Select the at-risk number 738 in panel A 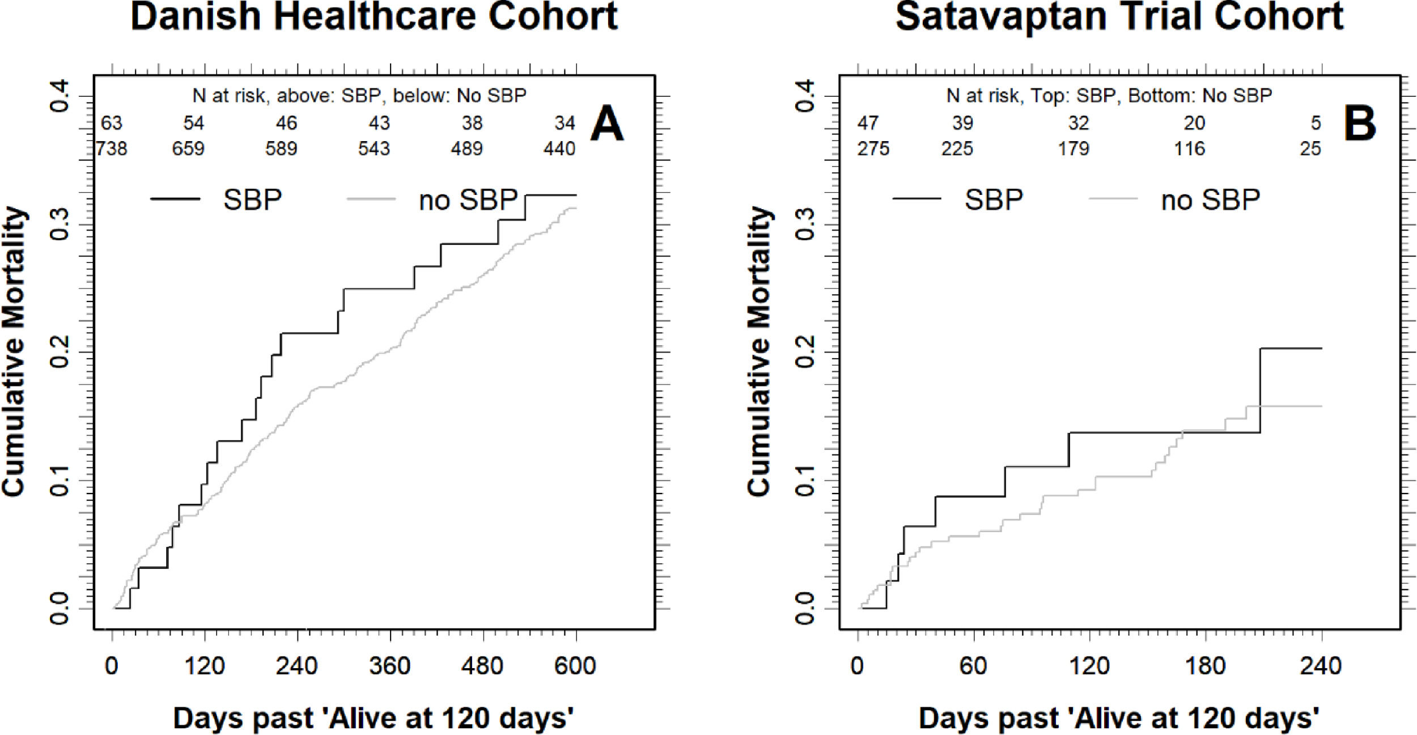tap(112, 148)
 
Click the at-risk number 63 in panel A tap(112, 123)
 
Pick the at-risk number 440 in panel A tap(559, 148)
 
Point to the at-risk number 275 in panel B tap(873, 148)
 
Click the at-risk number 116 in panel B tap(1189, 148)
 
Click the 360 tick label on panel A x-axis tap(390, 665)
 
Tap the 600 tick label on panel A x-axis tap(575, 665)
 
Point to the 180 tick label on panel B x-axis tap(1205, 665)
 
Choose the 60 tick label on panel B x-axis tap(973, 665)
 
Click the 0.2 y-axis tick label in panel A tap(60, 352)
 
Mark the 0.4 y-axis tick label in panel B tap(805, 96)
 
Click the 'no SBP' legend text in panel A tap(468, 200)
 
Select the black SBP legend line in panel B tap(917, 198)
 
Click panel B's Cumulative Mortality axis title tap(760, 351)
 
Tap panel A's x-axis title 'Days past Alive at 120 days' tap(374, 718)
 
